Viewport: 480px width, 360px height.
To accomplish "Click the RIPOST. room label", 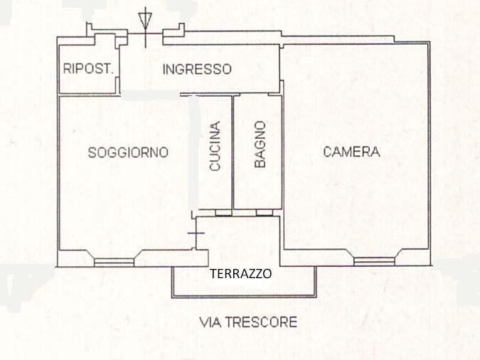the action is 88,68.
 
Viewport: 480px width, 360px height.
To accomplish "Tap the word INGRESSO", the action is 197,69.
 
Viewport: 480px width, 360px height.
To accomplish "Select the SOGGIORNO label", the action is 128,152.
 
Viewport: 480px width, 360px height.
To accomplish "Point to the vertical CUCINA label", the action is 215,146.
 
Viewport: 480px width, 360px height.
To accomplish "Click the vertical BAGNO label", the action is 260,144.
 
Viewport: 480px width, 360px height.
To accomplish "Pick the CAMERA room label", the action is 351,152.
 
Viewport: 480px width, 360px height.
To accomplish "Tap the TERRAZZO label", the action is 240,274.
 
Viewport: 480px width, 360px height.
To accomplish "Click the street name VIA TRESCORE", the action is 248,322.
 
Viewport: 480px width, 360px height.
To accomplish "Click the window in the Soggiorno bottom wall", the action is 114,263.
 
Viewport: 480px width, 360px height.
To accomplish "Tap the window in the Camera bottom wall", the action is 374,261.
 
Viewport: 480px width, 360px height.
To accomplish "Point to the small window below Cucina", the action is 223,213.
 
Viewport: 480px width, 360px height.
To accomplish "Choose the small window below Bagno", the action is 265,213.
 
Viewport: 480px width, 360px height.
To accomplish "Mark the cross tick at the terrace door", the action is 196,233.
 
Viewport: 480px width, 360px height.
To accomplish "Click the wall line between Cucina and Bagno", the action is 233,152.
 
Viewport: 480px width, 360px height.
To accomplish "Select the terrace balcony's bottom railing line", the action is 244,297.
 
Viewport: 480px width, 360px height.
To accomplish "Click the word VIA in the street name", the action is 210,322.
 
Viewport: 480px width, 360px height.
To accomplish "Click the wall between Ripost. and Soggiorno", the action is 89,95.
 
